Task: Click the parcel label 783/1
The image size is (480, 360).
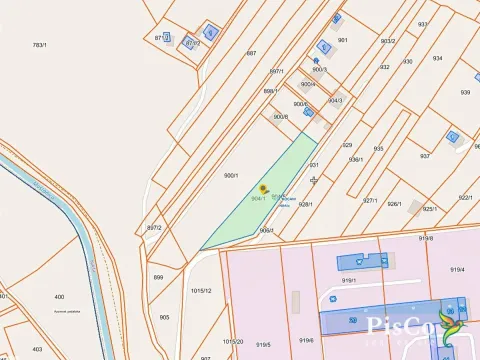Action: coord(40,45)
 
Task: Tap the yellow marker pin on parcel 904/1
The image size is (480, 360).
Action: coord(263,187)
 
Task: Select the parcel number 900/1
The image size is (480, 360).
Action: coord(231,175)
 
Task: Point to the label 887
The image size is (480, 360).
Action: coord(252,53)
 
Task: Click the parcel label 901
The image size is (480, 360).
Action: coord(343,40)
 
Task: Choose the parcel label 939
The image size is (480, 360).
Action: coord(465,92)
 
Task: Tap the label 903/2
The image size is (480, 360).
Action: coord(388,41)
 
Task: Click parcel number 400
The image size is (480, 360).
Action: coord(59,297)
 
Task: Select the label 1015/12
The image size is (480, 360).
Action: coord(200,290)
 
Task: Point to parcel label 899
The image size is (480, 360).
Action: coord(158,277)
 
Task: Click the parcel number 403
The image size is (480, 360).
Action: coord(37,348)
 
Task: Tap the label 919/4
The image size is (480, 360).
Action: coord(458,269)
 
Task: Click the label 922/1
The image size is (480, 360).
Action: coord(465,197)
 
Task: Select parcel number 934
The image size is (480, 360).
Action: coord(437,59)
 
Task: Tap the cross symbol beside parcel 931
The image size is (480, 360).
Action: coord(315,180)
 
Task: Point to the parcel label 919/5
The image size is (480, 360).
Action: coord(263,344)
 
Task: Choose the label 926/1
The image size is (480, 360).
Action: coord(394,204)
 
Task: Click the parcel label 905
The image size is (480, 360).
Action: coord(164,317)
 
